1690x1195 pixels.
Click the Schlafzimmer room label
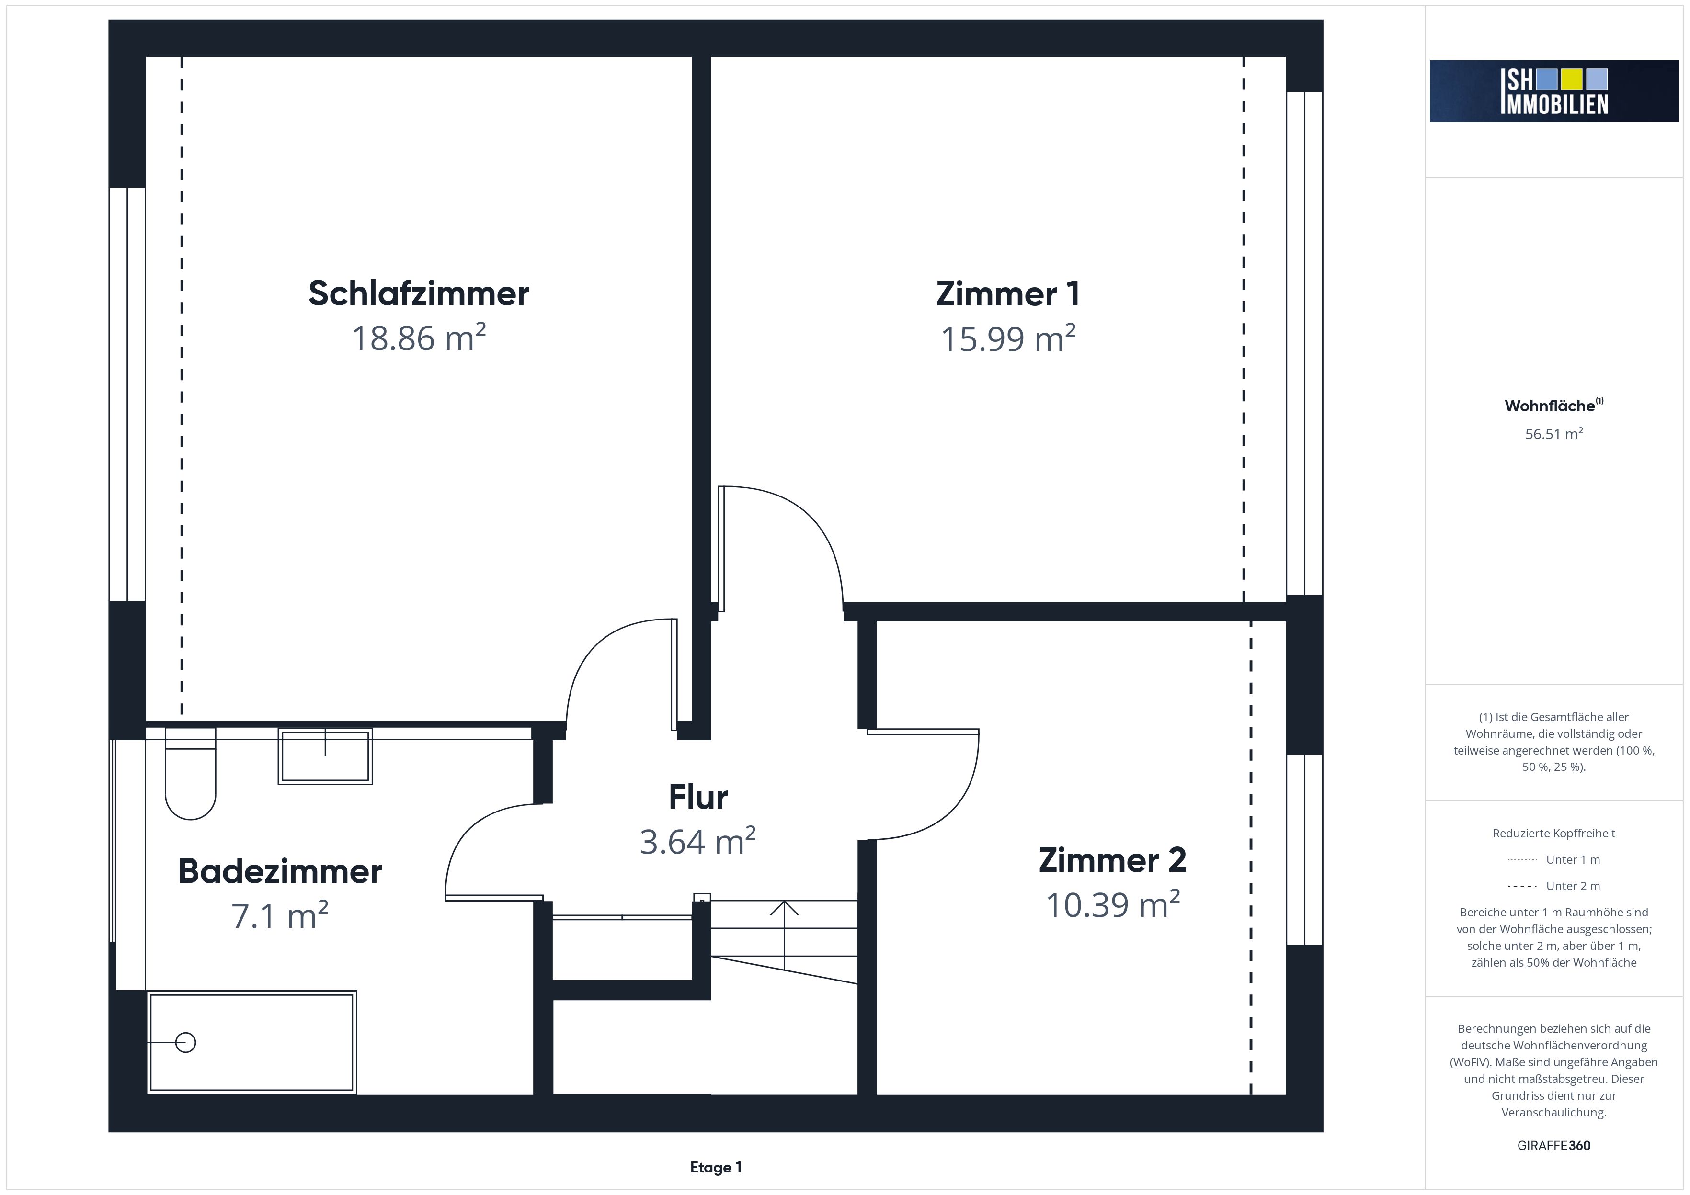[418, 293]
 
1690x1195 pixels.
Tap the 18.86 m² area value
[419, 338]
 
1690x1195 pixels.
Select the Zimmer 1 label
[1008, 293]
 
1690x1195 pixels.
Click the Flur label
[698, 797]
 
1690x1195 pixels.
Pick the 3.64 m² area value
[698, 841]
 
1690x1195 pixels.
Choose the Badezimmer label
[280, 871]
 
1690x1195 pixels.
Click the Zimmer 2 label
[1112, 860]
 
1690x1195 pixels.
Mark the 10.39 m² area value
[1112, 904]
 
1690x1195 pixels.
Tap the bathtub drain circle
[185, 1043]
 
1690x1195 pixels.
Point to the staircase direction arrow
[785, 935]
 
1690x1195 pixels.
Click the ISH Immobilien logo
[1554, 91]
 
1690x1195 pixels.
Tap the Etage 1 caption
[716, 1167]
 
